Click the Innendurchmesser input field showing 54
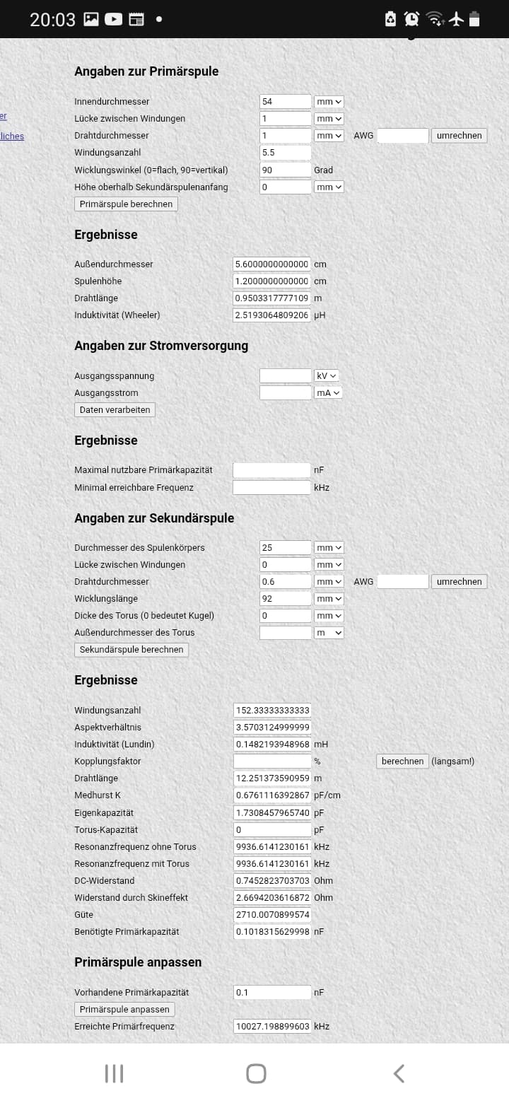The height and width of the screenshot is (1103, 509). click(x=285, y=102)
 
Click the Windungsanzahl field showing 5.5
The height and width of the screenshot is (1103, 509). click(x=285, y=153)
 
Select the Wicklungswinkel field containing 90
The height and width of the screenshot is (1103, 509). click(x=285, y=170)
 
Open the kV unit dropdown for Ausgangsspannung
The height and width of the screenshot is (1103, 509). click(x=327, y=375)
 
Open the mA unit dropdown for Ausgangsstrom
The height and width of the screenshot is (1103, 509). click(x=328, y=392)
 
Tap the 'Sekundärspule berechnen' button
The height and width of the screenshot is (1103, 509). click(x=131, y=649)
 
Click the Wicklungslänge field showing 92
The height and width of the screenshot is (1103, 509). click(x=285, y=599)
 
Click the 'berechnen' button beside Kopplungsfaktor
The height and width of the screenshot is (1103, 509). click(x=402, y=761)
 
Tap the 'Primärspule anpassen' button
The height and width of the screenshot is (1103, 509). click(x=124, y=1009)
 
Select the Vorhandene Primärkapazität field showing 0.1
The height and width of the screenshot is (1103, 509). click(x=272, y=992)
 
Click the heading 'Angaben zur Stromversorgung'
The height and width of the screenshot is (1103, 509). click(x=161, y=346)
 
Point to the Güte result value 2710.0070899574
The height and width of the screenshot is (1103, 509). click(x=272, y=914)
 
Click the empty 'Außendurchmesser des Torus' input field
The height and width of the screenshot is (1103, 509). click(x=285, y=633)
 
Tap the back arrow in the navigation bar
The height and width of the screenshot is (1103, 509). click(x=399, y=1073)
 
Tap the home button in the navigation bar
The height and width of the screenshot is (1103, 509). click(x=256, y=1073)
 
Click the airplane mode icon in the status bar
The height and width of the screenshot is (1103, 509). click(x=456, y=19)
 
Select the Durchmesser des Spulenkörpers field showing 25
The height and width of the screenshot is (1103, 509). click(x=285, y=547)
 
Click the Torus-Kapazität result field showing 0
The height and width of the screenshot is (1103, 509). click(x=272, y=829)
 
